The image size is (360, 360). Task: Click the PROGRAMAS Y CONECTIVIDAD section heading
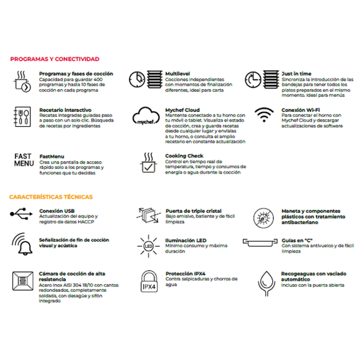(54, 59)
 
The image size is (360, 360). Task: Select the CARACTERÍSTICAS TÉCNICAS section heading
(51, 197)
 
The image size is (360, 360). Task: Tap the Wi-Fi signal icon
(265, 116)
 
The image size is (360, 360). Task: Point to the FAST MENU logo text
(23, 160)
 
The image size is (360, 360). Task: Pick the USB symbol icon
(21, 213)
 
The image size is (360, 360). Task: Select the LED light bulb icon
(148, 246)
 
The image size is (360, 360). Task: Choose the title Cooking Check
(184, 156)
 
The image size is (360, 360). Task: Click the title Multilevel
(176, 73)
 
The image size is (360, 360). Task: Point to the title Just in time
(296, 73)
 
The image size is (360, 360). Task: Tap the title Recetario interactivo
(65, 110)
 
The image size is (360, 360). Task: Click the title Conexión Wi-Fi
(301, 110)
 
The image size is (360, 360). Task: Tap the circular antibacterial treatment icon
(264, 216)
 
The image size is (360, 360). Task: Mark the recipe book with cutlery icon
(22, 116)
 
